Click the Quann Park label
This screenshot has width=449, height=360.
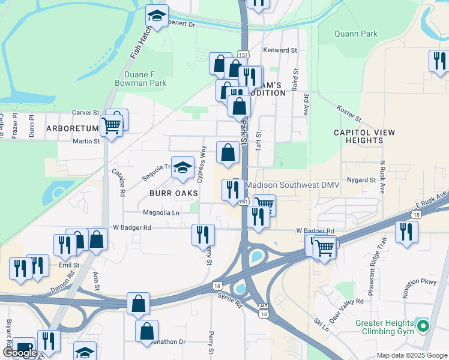point(356,34)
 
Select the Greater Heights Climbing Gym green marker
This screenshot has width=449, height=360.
point(423,327)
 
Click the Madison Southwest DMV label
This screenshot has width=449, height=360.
point(293,185)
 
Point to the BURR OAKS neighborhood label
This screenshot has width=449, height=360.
point(170,193)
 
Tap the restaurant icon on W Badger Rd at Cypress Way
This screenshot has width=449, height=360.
point(203,234)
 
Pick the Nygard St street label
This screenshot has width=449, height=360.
point(361,179)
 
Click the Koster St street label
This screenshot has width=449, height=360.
point(349,112)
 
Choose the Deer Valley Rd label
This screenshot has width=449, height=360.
point(347,309)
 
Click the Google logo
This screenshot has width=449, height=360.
point(20,353)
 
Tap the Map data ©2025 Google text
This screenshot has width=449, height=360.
point(412,355)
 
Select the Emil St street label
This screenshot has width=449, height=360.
point(69,265)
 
